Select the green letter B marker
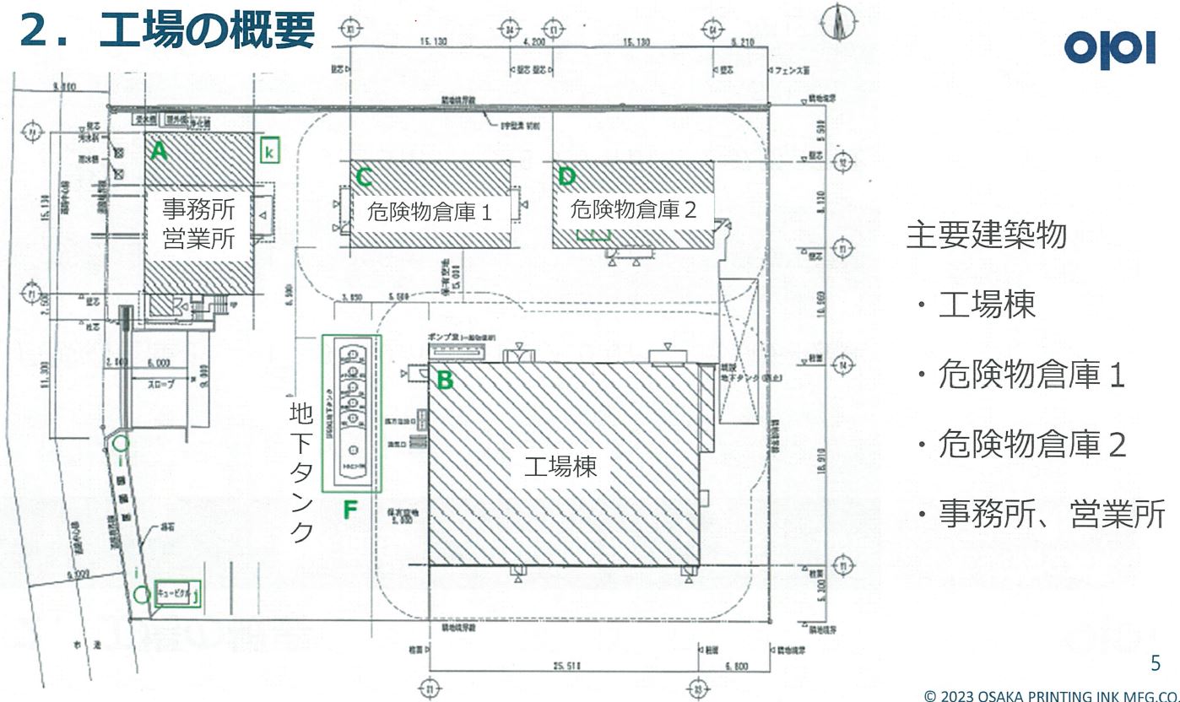click(445, 381)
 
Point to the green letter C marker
click(365, 176)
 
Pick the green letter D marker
click(566, 176)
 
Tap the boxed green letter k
click(268, 152)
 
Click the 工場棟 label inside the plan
click(560, 467)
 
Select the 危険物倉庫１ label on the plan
click(429, 213)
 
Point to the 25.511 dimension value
click(565, 666)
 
